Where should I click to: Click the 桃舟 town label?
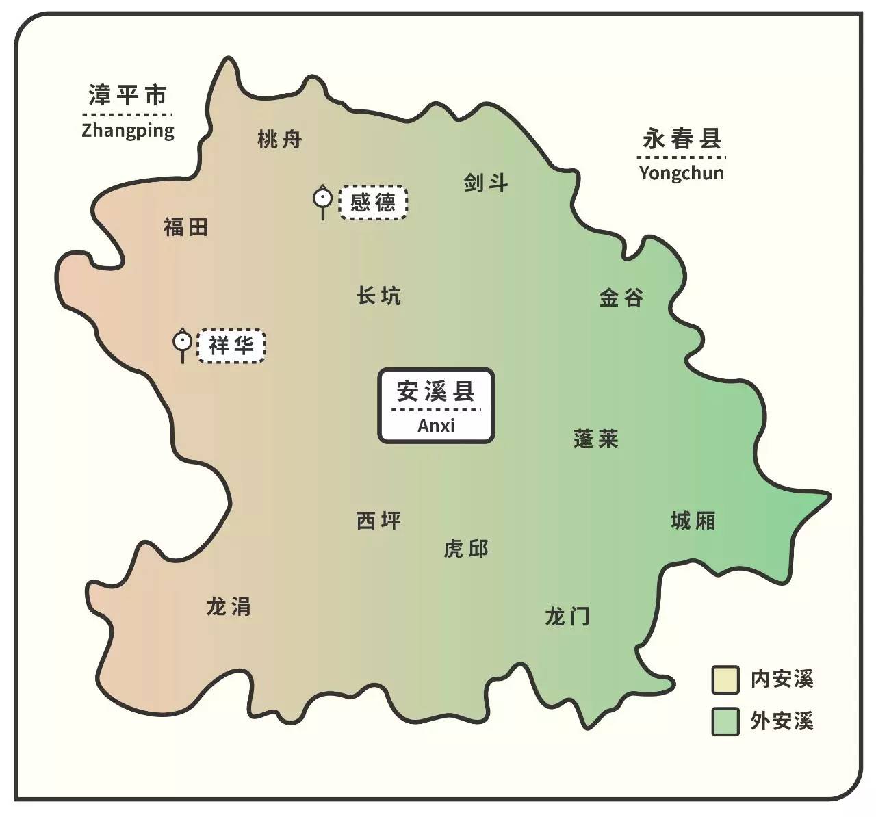pos(279,140)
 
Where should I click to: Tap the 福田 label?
pos(185,227)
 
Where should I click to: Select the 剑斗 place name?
pos(485,183)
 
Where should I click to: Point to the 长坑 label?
pos(378,296)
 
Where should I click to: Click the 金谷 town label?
pos(621,298)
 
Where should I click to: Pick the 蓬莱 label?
pos(596,439)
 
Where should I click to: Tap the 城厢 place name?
pos(693,521)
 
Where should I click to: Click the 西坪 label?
pos(378,521)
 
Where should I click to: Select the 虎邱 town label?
pos(466,549)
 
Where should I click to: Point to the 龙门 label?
pos(567,617)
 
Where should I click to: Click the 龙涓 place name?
pos(229,606)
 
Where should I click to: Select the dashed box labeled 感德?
pos(373,203)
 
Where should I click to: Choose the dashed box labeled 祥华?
pos(231,346)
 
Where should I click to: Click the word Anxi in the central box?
pos(436,426)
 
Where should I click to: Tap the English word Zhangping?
pos(128,131)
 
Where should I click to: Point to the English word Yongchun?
pos(681,172)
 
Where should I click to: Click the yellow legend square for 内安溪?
pos(725,679)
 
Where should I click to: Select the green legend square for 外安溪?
pos(725,721)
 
